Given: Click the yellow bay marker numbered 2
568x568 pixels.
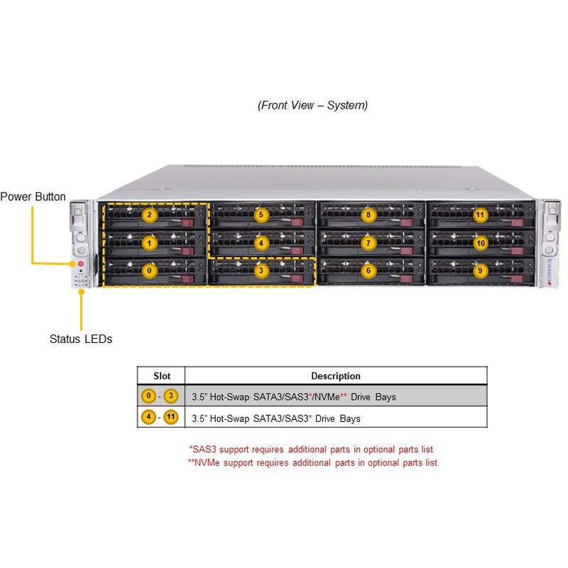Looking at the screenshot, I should click(150, 215).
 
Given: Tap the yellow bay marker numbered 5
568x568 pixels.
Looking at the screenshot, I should click(261, 214).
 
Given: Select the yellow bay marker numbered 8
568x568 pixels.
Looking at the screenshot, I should click(368, 214).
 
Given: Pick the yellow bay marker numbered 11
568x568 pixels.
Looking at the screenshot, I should click(481, 214).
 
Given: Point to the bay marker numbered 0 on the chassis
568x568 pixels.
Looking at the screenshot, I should click(150, 271).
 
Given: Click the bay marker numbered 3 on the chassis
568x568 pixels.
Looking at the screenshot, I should click(261, 271).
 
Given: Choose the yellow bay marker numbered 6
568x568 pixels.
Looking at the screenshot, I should click(368, 271).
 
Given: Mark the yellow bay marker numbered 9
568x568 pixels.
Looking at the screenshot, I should click(481, 271).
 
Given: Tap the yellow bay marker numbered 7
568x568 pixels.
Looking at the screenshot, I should click(368, 243).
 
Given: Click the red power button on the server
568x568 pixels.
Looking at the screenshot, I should click(80, 264).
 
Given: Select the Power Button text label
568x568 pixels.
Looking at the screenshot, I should click(33, 197).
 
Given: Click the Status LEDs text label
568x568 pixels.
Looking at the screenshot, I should click(81, 339).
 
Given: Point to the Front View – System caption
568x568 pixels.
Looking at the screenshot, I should click(312, 106).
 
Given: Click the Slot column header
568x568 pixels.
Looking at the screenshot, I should click(162, 376).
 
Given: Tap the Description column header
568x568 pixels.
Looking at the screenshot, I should click(336, 376).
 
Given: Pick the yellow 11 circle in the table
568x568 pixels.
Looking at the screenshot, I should click(170, 417).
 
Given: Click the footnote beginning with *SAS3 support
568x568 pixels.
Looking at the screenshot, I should click(311, 449).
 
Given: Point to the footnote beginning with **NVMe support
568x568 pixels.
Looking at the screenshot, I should click(312, 463).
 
